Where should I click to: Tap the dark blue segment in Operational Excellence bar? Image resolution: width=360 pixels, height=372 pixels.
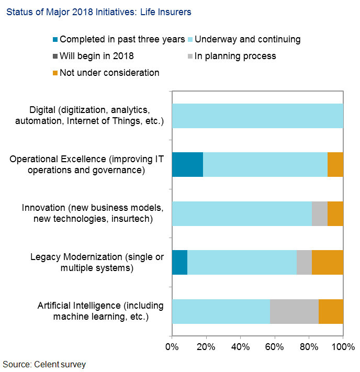pos(187,165)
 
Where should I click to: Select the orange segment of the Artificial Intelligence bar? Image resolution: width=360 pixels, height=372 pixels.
pos(331,311)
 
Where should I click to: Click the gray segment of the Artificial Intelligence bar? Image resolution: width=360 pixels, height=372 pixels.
pos(294,311)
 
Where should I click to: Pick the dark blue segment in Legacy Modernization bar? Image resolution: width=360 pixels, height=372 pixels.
pos(179,262)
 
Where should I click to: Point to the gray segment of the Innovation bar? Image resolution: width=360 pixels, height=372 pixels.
pos(319,213)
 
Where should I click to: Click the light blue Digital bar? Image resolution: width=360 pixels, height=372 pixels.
pos(257,116)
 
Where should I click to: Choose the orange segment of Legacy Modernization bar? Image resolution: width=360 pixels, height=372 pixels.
pos(328,262)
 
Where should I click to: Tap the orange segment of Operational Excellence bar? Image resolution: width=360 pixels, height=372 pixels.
pos(335,165)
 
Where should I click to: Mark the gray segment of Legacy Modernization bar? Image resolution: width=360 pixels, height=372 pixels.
pos(304,262)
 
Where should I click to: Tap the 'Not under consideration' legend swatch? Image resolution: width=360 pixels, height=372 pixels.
pos(54,73)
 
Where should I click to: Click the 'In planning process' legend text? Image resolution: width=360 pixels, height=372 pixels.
pos(235,56)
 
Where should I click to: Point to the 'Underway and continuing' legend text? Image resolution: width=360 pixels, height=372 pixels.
pos(248,39)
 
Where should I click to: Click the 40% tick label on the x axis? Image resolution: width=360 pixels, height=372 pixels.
pos(240,347)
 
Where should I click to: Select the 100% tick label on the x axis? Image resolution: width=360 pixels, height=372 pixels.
pos(343,347)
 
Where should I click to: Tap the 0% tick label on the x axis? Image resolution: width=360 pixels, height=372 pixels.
pos(172,347)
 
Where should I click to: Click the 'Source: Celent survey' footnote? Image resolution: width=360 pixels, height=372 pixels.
pos(44,364)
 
